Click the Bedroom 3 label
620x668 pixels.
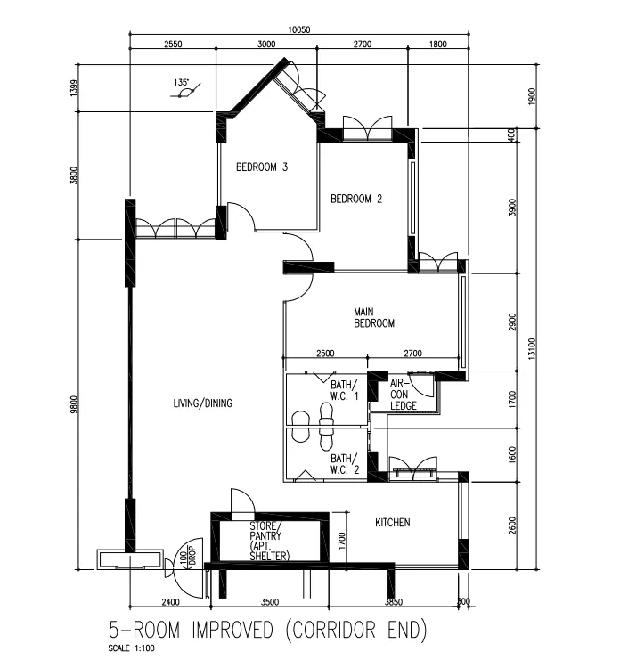pyautogui.click(x=262, y=167)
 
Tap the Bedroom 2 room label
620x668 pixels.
pyautogui.click(x=356, y=199)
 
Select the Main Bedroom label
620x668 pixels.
pyautogui.click(x=374, y=317)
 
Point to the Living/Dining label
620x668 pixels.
pyautogui.click(x=203, y=403)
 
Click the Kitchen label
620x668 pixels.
pyautogui.click(x=393, y=522)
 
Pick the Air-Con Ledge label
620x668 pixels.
pyautogui.click(x=404, y=395)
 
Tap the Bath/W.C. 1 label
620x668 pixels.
pyautogui.click(x=345, y=390)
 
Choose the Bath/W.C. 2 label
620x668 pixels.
pyautogui.click(x=345, y=464)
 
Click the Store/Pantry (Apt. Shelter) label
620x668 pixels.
pyautogui.click(x=269, y=541)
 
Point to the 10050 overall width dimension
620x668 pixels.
pyautogui.click(x=298, y=29)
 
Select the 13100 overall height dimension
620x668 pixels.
pyautogui.click(x=532, y=349)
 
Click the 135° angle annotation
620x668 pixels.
pyautogui.click(x=181, y=82)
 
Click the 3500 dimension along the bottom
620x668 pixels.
pyautogui.click(x=270, y=602)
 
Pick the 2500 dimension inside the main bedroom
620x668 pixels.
pyautogui.click(x=325, y=354)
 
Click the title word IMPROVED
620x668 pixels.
pyautogui.click(x=232, y=630)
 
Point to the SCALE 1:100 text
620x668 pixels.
pyautogui.click(x=131, y=648)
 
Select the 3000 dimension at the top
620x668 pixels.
pyautogui.click(x=266, y=44)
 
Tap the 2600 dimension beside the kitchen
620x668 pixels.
pyautogui.click(x=512, y=525)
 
